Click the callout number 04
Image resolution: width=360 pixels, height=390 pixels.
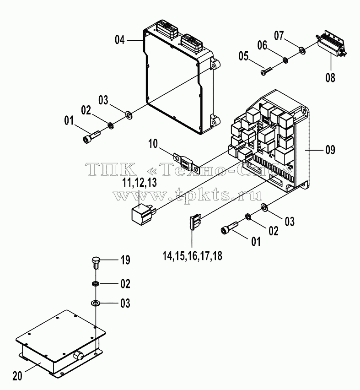click(119, 40)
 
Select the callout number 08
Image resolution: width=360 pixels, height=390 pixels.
click(330, 78)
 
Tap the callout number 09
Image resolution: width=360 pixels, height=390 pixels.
click(330, 150)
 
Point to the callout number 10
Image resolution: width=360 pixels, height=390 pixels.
click(153, 144)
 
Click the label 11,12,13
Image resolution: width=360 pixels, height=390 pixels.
click(140, 183)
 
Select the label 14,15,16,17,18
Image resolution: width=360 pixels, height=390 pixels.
click(192, 256)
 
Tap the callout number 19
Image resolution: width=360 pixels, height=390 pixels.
click(125, 260)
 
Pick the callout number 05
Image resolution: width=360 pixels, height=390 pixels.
click(243, 56)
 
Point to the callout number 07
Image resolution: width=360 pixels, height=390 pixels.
click(279, 36)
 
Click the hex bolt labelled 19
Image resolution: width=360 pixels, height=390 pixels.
click(96, 263)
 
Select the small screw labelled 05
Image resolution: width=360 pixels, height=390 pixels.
click(266, 70)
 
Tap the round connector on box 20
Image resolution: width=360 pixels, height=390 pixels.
click(79, 355)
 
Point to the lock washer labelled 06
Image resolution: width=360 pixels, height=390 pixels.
click(285, 60)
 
